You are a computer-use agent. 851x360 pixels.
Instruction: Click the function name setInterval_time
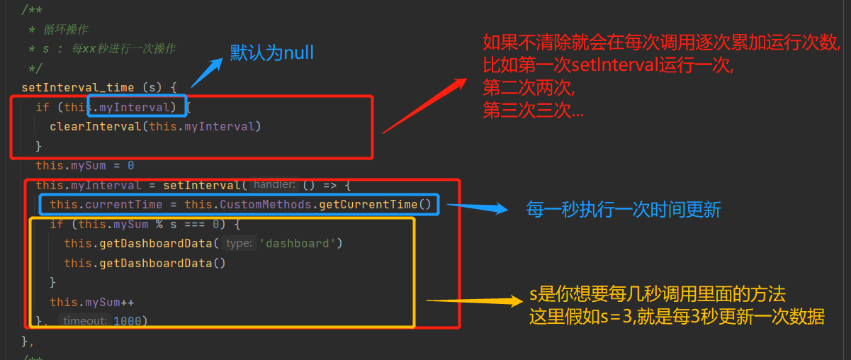click(x=78, y=88)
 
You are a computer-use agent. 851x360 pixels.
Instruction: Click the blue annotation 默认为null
click(x=272, y=52)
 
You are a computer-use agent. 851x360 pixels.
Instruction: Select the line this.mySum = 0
click(x=85, y=165)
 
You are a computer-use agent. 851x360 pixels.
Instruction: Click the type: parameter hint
click(x=239, y=243)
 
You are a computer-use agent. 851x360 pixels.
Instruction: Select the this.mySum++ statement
click(x=92, y=302)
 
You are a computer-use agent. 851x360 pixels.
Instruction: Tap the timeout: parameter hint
click(x=84, y=321)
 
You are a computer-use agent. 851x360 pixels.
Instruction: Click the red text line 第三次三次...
click(x=534, y=111)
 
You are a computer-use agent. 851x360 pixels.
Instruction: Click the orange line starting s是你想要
click(x=658, y=295)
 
